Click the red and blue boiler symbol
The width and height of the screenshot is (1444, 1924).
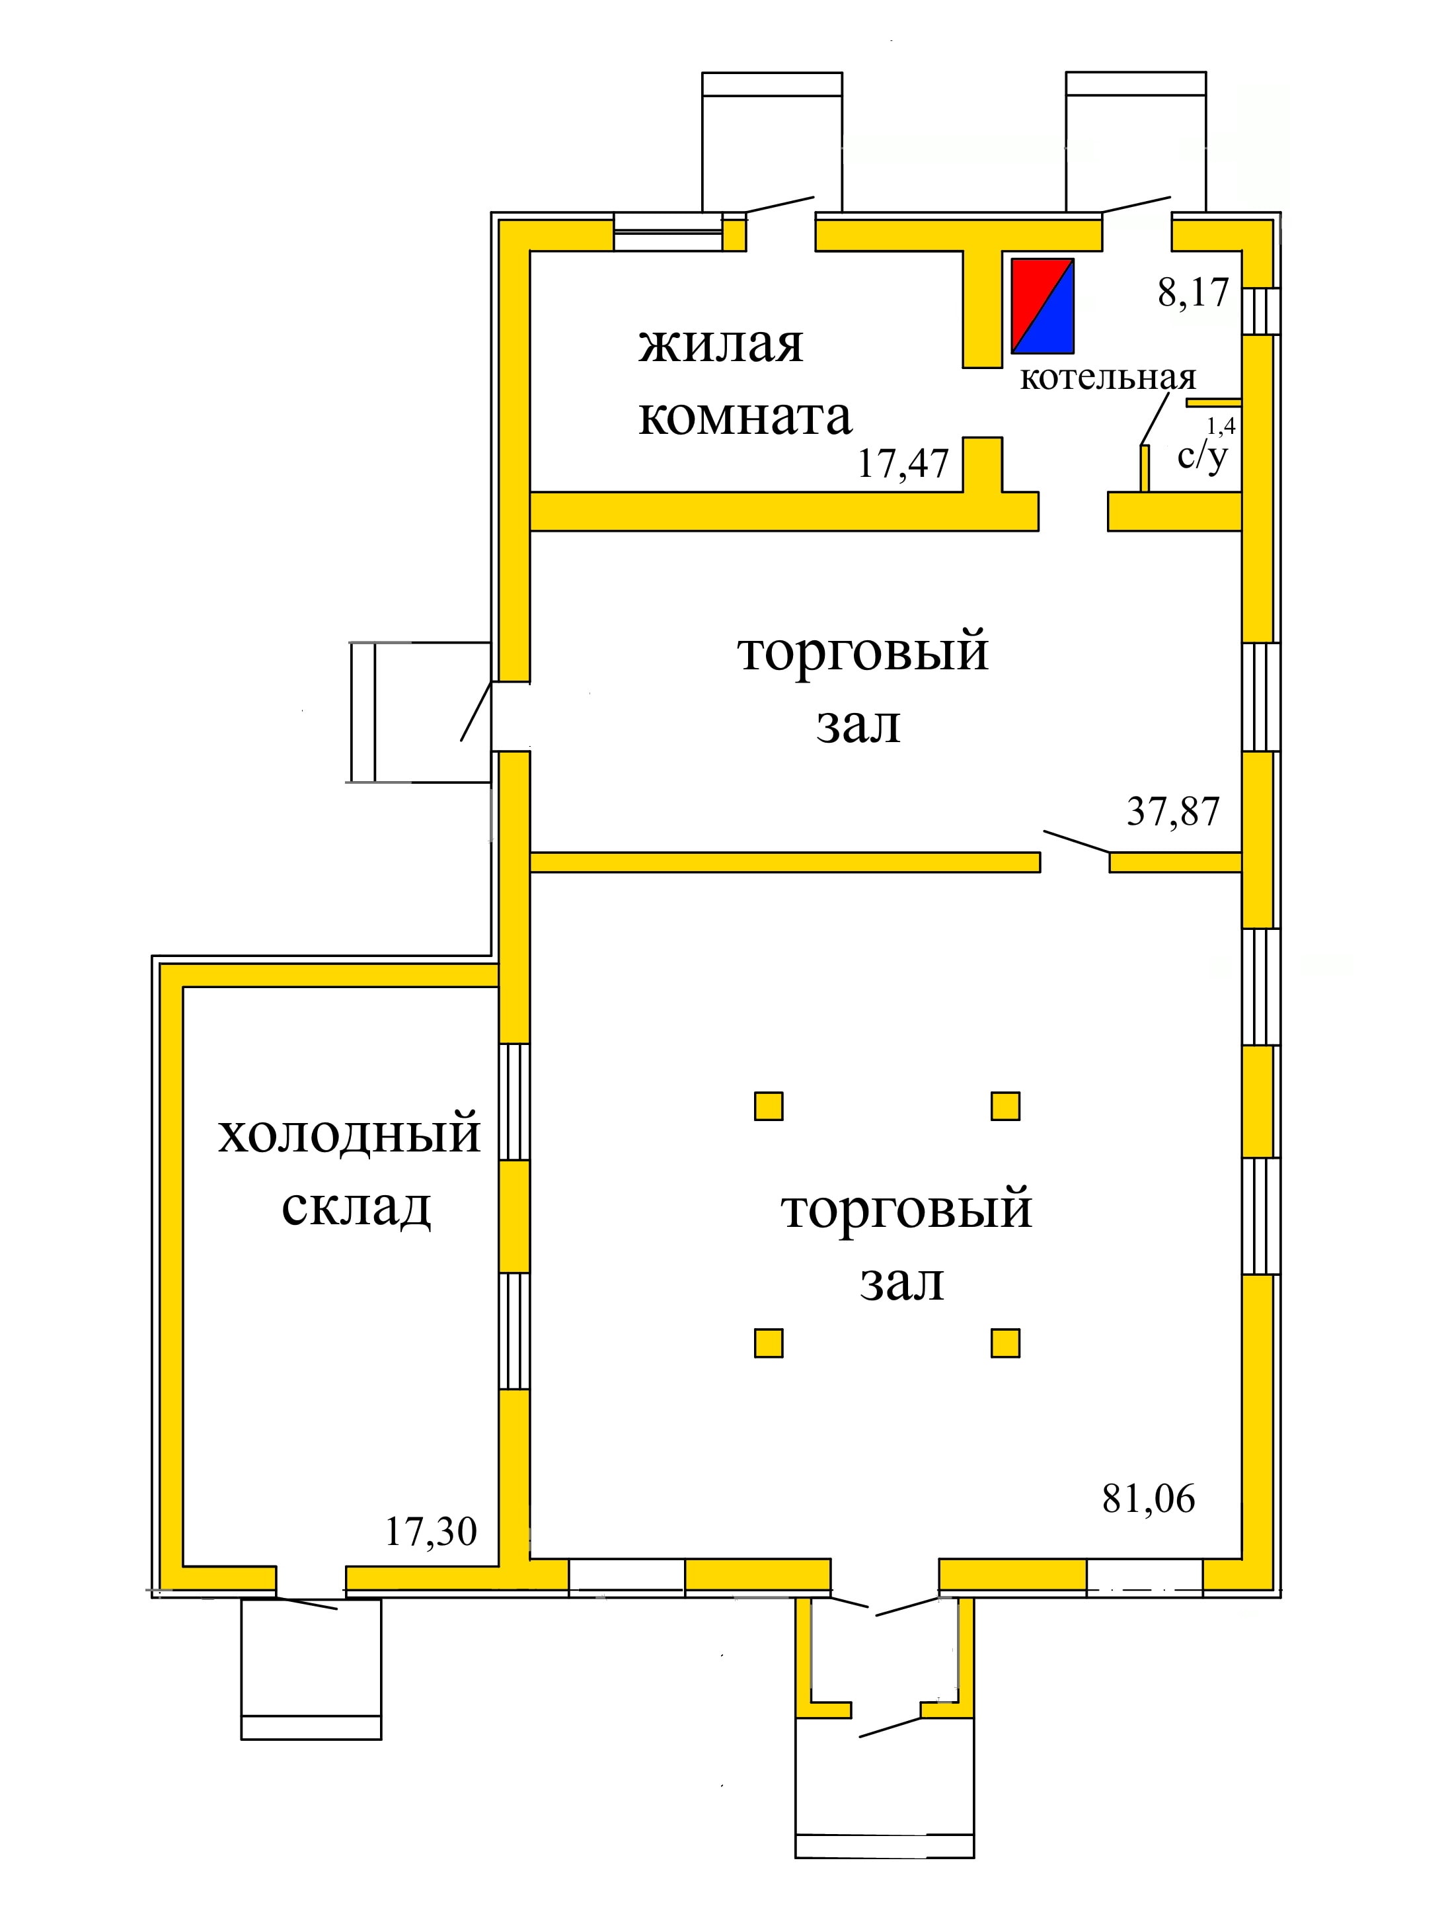click(1042, 306)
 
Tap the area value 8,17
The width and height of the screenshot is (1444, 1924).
click(1193, 292)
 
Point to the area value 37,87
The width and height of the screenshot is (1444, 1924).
click(1173, 811)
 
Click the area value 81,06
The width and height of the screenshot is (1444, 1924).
click(1149, 1498)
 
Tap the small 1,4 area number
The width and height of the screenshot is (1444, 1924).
click(1221, 425)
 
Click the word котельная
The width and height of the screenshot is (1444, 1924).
click(1108, 378)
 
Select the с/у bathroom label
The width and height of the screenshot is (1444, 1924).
click(1202, 456)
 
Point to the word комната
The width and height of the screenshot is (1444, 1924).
click(745, 417)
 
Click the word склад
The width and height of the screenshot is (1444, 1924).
click(356, 1206)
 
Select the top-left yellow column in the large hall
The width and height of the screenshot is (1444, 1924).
click(768, 1105)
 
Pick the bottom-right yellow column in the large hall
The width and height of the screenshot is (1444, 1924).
click(1005, 1343)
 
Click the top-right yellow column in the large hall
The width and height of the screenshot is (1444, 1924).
click(1005, 1105)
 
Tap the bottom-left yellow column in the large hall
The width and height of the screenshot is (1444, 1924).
click(768, 1343)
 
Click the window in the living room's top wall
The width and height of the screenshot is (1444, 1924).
click(667, 231)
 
